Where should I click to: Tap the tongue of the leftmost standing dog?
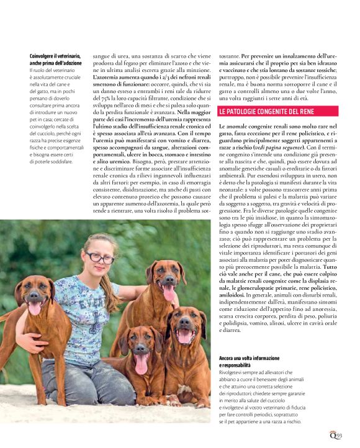[x=35, y=308]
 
